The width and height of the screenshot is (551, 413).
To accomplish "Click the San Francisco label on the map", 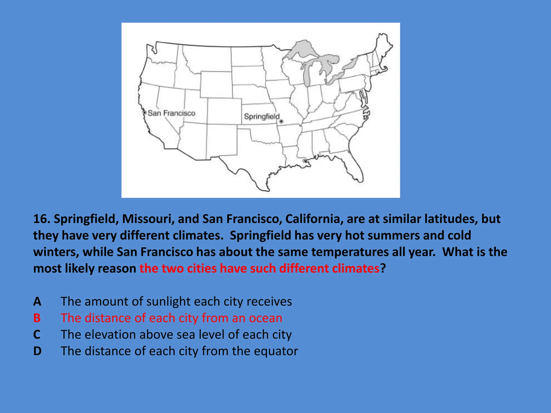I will [171, 113].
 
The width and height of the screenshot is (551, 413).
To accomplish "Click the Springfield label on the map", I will [262, 116].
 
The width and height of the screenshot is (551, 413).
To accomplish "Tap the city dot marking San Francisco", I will [144, 112].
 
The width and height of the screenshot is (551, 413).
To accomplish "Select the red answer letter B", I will [37, 318].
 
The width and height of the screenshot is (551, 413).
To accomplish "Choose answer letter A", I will [37, 301].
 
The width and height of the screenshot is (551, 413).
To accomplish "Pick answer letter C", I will [37, 335].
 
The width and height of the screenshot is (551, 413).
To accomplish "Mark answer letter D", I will [37, 351].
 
